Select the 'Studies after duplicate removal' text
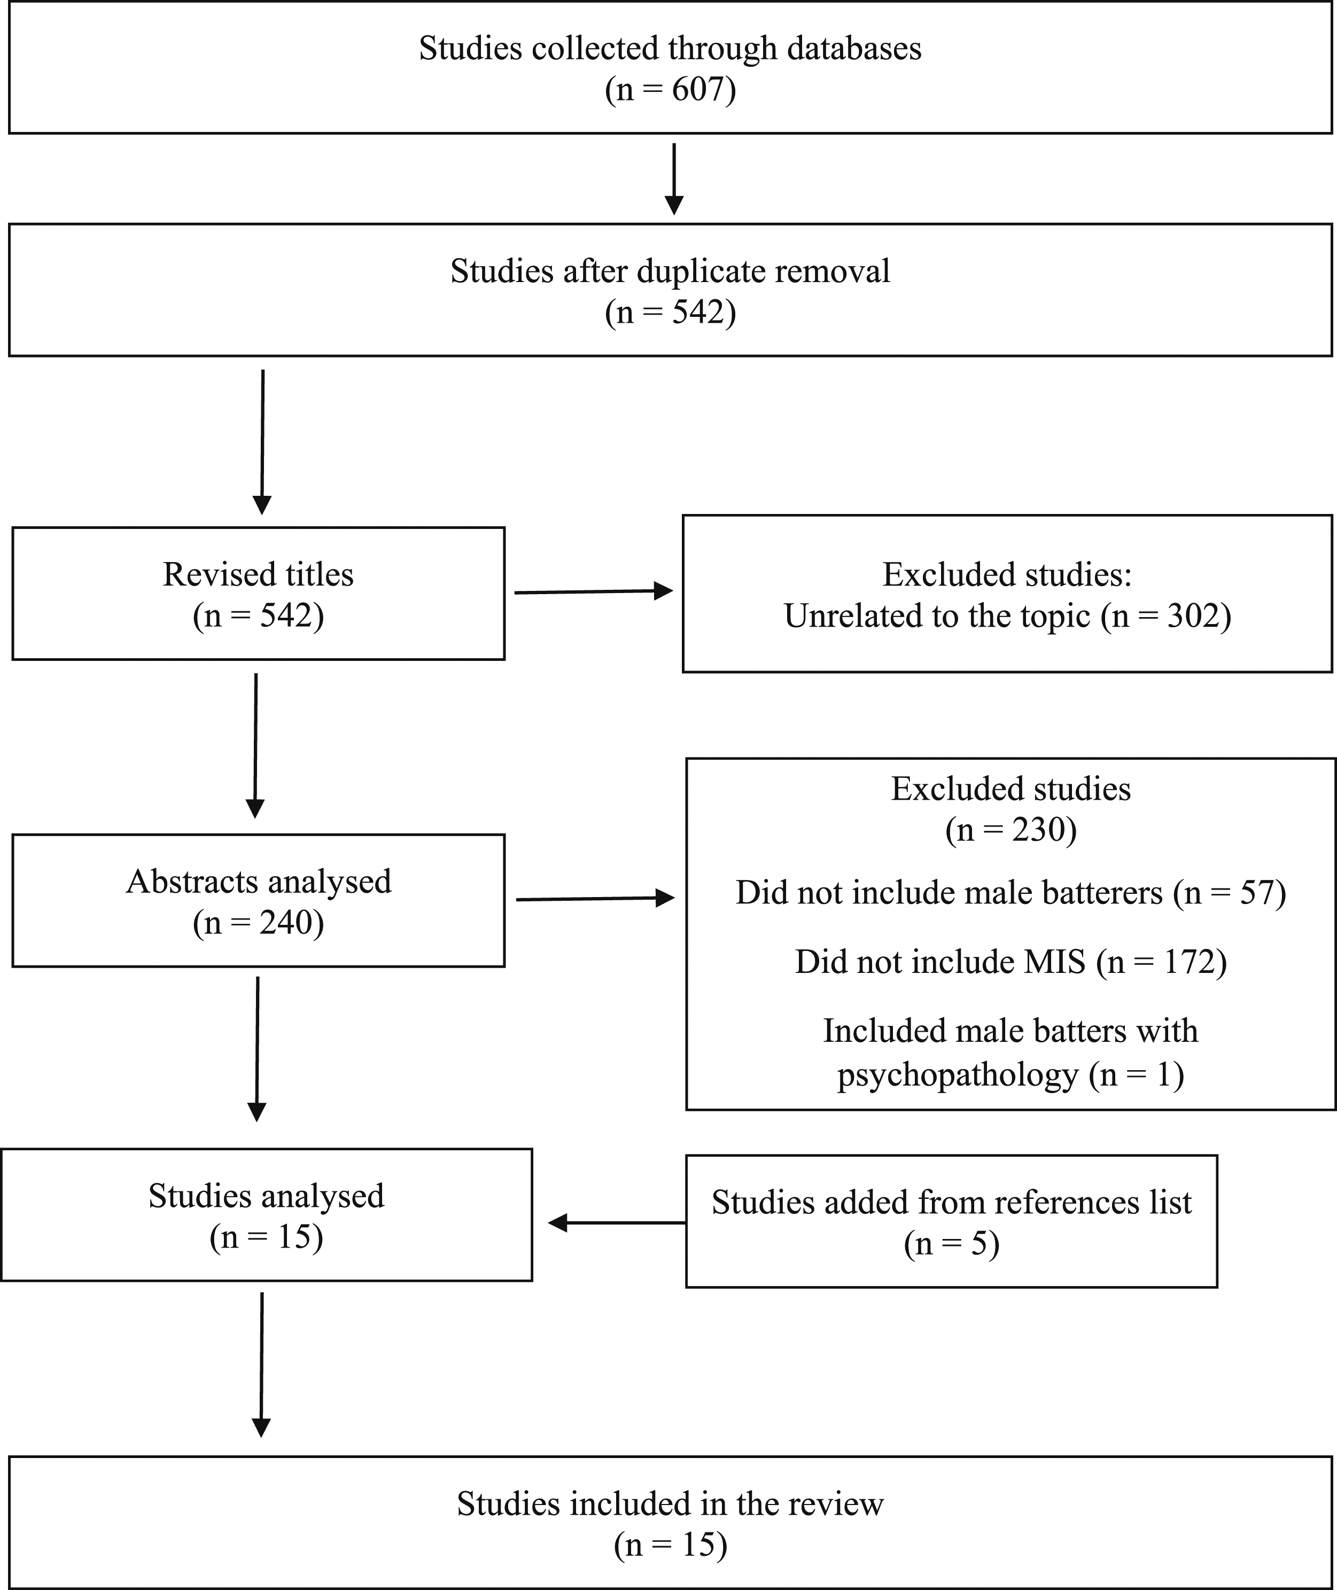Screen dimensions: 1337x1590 (x=670, y=270)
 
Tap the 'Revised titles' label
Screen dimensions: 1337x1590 (x=259, y=574)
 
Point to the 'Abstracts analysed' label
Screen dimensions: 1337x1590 (x=259, y=882)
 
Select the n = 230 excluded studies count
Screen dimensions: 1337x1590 (x=1010, y=830)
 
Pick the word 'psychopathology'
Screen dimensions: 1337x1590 (x=957, y=1075)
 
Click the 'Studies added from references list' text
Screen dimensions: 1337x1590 (x=951, y=1202)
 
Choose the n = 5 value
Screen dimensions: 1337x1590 (x=951, y=1244)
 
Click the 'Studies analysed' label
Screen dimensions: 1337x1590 (x=266, y=1195)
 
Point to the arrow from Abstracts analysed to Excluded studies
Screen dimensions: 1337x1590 (x=595, y=899)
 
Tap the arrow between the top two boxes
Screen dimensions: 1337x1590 (x=674, y=179)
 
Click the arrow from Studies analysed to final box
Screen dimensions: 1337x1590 (x=261, y=1365)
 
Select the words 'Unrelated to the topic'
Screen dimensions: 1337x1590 (x=936, y=615)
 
